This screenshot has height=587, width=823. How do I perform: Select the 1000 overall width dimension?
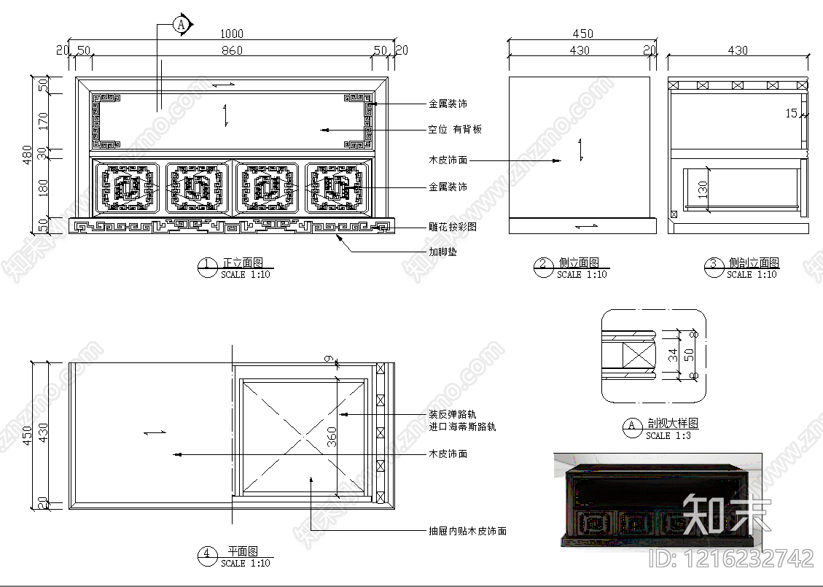232,34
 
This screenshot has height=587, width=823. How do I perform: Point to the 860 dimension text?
232,50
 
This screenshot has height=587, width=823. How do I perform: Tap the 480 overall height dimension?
27,154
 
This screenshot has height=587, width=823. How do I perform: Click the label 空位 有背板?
454,130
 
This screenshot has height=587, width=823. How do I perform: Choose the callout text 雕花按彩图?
453,227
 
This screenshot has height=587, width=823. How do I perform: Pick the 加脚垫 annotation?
442,252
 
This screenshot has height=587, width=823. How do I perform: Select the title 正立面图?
243,263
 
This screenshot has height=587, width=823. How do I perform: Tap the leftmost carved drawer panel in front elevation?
127,188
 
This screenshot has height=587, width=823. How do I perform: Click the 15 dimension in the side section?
792,113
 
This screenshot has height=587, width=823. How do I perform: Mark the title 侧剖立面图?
753,263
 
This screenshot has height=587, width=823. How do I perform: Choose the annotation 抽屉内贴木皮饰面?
467,532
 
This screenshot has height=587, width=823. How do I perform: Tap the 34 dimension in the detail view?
674,354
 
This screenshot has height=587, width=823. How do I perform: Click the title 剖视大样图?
672,423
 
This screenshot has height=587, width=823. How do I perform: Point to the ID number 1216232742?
730,559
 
